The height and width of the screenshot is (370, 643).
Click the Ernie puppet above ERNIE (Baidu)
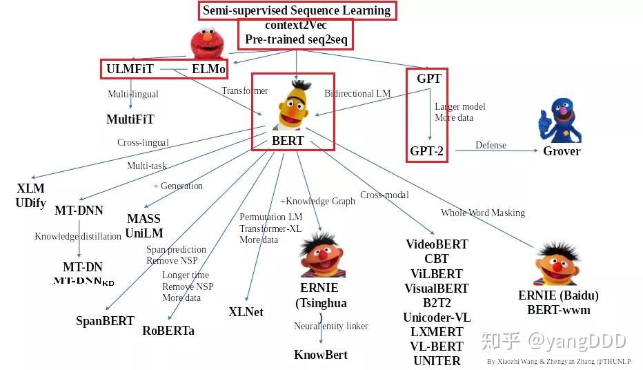(556, 264)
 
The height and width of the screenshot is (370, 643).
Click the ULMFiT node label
(130, 69)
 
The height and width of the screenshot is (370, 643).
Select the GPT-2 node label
(427, 151)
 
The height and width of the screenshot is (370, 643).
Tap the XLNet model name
(246, 312)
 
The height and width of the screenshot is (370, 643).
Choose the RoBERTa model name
(168, 330)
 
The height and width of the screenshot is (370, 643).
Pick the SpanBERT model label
(105, 321)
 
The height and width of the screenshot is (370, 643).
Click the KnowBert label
(321, 355)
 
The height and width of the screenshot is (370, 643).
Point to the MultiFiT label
(131, 119)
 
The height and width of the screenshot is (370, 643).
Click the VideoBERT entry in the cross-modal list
(437, 244)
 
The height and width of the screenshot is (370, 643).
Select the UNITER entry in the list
(437, 361)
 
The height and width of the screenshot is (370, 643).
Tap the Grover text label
(562, 151)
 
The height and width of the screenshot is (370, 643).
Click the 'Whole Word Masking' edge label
(483, 213)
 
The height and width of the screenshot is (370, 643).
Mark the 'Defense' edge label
(491, 146)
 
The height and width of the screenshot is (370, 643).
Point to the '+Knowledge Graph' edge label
(317, 202)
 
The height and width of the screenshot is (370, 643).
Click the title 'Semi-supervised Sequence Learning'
(297, 10)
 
